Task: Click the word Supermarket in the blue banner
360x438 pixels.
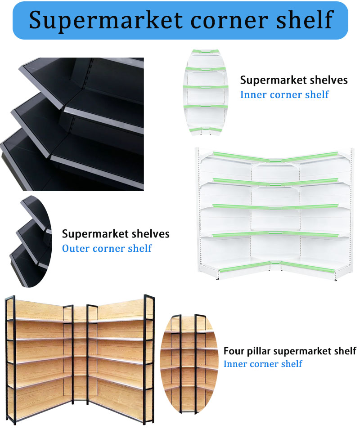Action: pyautogui.click(x=106, y=20)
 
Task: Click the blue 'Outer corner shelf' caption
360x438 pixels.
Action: pyautogui.click(x=107, y=248)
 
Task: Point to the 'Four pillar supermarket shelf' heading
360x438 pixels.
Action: pyautogui.click(x=290, y=351)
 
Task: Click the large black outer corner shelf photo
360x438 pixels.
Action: pyautogui.click(x=72, y=124)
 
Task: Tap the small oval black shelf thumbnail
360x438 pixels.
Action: pyautogui.click(x=31, y=241)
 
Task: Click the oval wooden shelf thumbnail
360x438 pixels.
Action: pyautogui.click(x=189, y=364)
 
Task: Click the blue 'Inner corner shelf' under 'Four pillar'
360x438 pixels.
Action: pyautogui.click(x=263, y=364)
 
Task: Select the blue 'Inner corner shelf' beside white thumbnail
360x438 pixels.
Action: pyautogui.click(x=284, y=94)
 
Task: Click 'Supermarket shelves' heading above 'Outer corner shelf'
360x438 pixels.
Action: pyautogui.click(x=116, y=234)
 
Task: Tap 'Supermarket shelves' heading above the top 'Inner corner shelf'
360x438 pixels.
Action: pyautogui.click(x=294, y=80)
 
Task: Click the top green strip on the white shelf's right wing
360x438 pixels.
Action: pyautogui.click(x=310, y=156)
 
